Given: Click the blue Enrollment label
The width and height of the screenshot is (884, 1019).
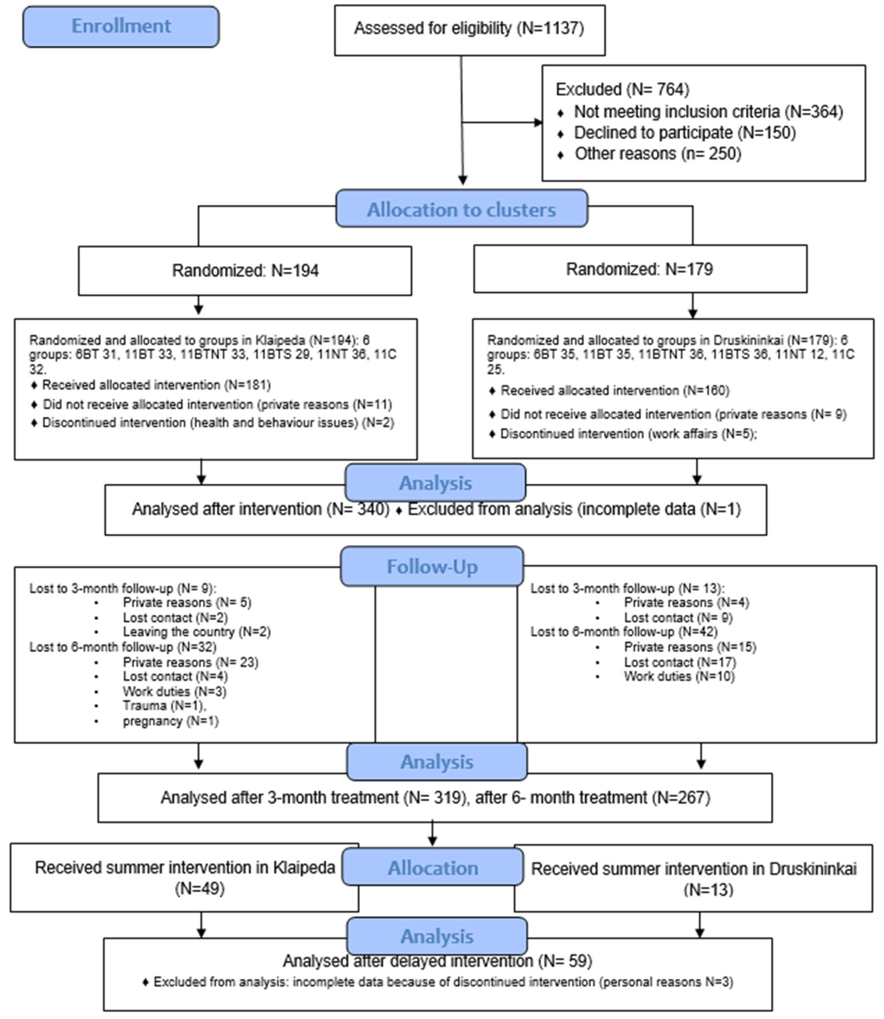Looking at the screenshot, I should click(121, 26).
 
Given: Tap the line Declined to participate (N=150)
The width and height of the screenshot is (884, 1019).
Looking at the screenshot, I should click(685, 133).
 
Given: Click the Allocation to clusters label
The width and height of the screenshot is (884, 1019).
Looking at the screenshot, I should click(461, 210).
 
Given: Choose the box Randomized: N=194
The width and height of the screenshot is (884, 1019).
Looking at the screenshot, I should click(245, 271).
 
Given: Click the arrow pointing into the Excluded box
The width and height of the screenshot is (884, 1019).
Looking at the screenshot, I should click(538, 122).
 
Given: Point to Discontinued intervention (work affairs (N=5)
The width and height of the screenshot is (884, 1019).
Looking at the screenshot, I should click(628, 434).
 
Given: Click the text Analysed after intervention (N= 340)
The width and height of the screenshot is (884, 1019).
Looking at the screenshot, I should click(260, 509).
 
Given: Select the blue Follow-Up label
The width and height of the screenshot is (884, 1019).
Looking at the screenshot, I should click(432, 567).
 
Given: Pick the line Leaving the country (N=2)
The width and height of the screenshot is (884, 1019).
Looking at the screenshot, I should click(196, 632).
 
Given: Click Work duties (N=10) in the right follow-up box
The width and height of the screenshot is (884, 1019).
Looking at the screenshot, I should click(679, 676).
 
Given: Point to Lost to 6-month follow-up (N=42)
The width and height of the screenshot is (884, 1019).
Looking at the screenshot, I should click(624, 632).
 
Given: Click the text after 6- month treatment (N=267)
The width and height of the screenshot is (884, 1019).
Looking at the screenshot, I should click(592, 798).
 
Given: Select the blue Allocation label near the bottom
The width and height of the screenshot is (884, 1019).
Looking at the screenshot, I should click(433, 868).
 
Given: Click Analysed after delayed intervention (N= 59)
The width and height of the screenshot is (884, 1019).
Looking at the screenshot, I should click(437, 961).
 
